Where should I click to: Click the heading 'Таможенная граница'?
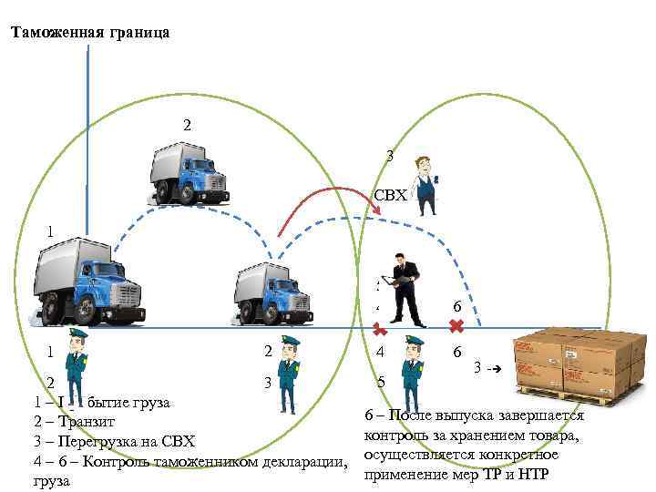(89, 33)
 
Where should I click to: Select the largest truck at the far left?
(87, 280)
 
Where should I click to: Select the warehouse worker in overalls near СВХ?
(425, 186)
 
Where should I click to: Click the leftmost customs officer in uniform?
(77, 366)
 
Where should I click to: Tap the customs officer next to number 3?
(289, 375)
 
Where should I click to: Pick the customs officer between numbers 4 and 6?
(415, 365)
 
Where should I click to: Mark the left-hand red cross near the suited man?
(380, 330)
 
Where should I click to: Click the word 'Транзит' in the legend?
(85, 421)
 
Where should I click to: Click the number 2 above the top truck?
(187, 124)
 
